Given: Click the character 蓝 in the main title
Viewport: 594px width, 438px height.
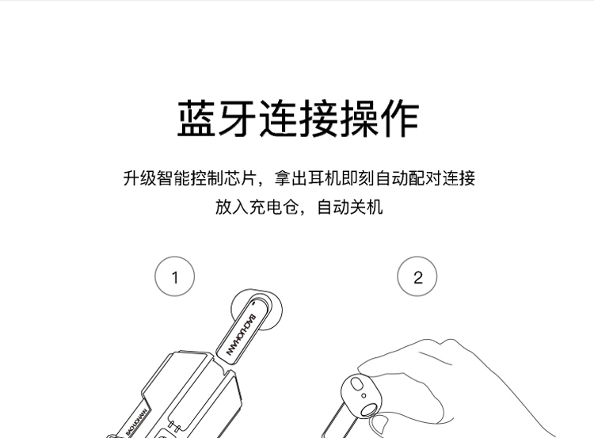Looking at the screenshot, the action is click(196, 118).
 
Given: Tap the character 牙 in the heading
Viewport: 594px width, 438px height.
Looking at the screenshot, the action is click(237, 118).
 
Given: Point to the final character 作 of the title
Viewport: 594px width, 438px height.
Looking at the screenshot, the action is click(399, 118).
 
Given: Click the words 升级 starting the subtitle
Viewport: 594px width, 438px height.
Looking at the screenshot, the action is click(139, 178).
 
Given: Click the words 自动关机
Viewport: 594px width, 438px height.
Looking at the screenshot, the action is click(349, 207).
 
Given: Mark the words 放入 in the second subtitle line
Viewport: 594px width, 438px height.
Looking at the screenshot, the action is click(232, 207).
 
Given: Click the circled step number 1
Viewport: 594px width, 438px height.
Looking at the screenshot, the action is click(175, 276).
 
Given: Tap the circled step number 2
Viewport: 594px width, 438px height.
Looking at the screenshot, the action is click(417, 276).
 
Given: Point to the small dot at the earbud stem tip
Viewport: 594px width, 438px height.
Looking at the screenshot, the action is click(253, 303).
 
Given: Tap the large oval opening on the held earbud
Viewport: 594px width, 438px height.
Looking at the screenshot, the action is click(368, 411).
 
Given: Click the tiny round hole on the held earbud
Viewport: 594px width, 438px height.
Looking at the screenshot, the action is click(364, 396).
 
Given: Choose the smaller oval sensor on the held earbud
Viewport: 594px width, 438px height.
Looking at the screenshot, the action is click(356, 384).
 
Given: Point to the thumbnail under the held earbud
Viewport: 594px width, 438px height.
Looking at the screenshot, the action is click(379, 425).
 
